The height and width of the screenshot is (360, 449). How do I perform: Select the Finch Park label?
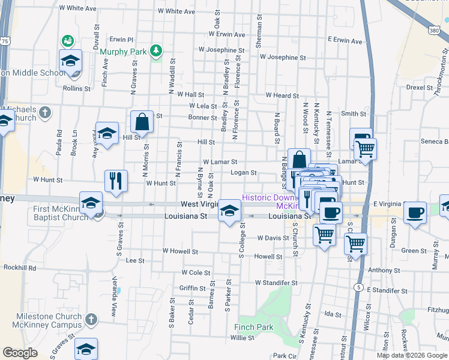pyautogui.click(x=256, y=327)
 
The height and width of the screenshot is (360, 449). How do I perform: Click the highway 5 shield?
pyautogui.click(x=358, y=288)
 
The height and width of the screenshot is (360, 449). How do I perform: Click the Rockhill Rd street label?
pyautogui.click(x=19, y=268)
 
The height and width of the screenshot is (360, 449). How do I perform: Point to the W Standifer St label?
pyautogui.click(x=276, y=282)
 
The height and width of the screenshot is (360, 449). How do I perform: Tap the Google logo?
pyautogui.click(x=20, y=353)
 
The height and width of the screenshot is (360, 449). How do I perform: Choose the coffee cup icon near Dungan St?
pyautogui.click(x=415, y=213)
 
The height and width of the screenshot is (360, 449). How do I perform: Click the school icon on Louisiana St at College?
pyautogui.click(x=228, y=211)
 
